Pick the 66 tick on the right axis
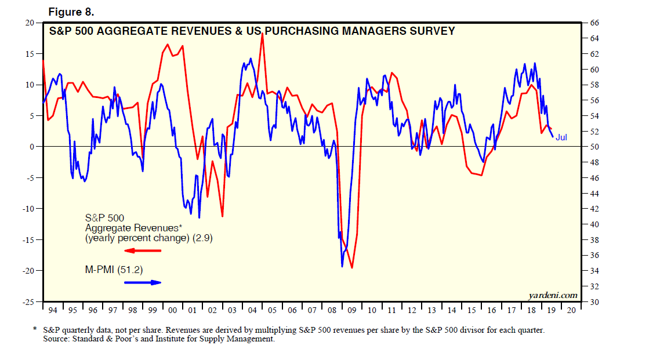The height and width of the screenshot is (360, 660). [x=594, y=23]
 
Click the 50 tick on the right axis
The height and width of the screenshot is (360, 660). [x=594, y=147]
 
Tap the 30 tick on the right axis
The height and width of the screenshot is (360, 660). [x=594, y=302]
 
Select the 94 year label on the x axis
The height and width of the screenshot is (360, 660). [x=53, y=311]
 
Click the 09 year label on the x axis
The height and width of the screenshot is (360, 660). [x=351, y=311]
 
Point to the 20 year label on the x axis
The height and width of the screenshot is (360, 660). [x=571, y=311]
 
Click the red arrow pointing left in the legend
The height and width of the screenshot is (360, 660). [x=143, y=250]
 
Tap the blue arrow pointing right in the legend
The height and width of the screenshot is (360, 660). [x=143, y=282]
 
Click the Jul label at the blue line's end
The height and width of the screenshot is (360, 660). [x=561, y=137]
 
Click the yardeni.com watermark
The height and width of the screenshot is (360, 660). [x=553, y=296]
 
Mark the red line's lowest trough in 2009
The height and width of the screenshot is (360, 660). [x=351, y=268]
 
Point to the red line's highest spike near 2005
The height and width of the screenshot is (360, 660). [x=263, y=34]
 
